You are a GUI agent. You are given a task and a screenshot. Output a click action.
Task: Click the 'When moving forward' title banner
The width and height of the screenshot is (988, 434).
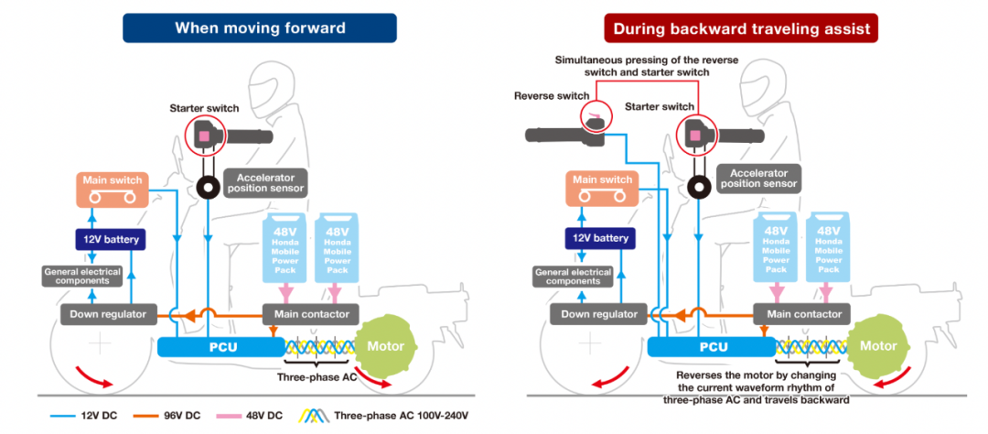pos(260,27)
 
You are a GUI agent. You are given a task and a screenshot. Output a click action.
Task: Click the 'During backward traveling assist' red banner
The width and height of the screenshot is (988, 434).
pos(740,27)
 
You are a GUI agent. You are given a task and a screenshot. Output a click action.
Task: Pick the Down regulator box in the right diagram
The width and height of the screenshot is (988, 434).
pos(598,314)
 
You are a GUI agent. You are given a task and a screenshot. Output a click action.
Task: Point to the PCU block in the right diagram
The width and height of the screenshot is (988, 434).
pos(713,347)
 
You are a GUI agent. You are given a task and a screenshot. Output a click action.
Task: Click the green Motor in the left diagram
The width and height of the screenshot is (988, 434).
pos(384,347)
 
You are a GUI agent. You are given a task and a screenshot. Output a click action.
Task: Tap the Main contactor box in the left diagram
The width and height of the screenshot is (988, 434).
pos(311,314)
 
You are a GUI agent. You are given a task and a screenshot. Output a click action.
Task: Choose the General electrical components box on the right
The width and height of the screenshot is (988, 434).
pos(574,276)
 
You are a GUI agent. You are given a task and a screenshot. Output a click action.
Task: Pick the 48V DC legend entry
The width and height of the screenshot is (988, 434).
pos(259,416)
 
